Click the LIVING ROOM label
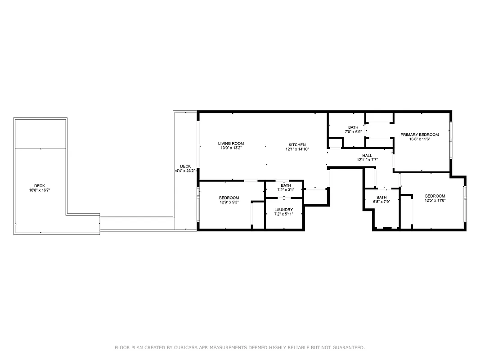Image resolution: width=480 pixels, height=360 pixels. [231, 144]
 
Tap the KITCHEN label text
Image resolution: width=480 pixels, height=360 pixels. [297, 144]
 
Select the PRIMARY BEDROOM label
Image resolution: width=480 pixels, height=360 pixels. [419, 135]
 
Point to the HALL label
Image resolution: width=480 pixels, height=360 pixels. [367, 155]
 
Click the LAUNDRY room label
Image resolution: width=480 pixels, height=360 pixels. [283, 210]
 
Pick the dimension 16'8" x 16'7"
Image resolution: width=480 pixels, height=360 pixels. [40, 190]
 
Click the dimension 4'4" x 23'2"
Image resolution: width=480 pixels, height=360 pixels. [185, 171]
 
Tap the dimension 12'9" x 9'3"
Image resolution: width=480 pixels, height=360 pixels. [229, 202]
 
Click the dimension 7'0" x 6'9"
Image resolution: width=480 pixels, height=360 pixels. [353, 132]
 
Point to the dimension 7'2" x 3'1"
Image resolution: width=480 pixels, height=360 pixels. [286, 190]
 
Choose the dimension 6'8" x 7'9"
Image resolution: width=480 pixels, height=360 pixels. [381, 202]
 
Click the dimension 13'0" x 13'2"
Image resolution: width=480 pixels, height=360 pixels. [231, 148]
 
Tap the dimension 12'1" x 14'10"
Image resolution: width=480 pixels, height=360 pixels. [297, 149]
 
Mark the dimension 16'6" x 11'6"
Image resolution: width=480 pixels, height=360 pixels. [419, 139]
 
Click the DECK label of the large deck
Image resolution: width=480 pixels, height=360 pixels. [40, 186]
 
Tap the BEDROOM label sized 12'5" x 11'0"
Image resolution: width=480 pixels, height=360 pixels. [435, 196]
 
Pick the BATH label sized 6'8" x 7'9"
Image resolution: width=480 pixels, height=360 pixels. [381, 197]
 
